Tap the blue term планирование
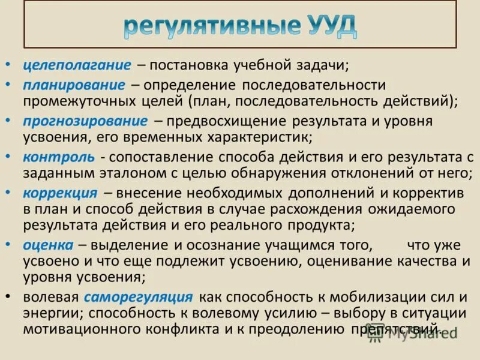[74, 85]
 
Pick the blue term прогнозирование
[85, 121]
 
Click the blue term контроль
[58, 157]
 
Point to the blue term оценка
[48, 245]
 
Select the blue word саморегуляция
[139, 296]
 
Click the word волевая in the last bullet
[51, 297]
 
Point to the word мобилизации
[370, 296]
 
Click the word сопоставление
[158, 157]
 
